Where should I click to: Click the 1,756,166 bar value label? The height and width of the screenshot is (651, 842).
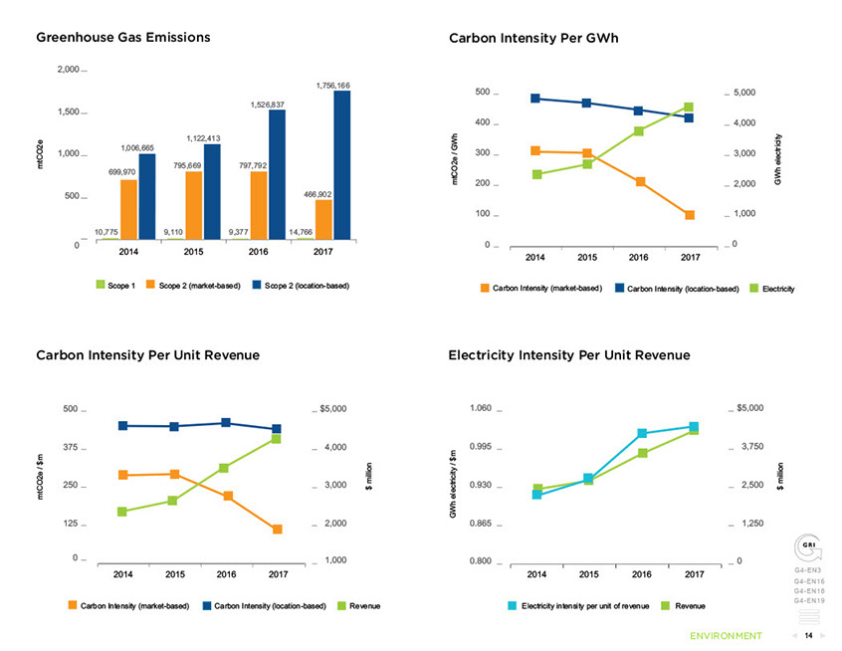point(332,86)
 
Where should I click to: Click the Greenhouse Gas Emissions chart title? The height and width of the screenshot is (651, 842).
point(123,38)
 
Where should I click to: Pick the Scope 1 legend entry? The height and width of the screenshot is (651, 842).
point(115,286)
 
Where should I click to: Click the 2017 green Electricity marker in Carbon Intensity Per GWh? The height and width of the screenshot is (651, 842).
point(689,108)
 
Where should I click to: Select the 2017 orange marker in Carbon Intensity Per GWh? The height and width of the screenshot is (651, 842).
point(689,215)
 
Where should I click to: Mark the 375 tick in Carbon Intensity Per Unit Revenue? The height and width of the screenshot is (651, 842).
point(69,447)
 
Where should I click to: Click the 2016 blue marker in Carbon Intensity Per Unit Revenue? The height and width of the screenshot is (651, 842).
point(226,423)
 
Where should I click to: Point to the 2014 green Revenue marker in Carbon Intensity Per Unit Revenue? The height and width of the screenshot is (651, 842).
point(122,512)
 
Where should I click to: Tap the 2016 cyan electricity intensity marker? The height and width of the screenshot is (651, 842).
point(642,433)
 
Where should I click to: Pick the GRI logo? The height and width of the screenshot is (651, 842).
point(809,548)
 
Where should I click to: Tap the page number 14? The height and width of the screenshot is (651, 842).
point(809,635)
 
